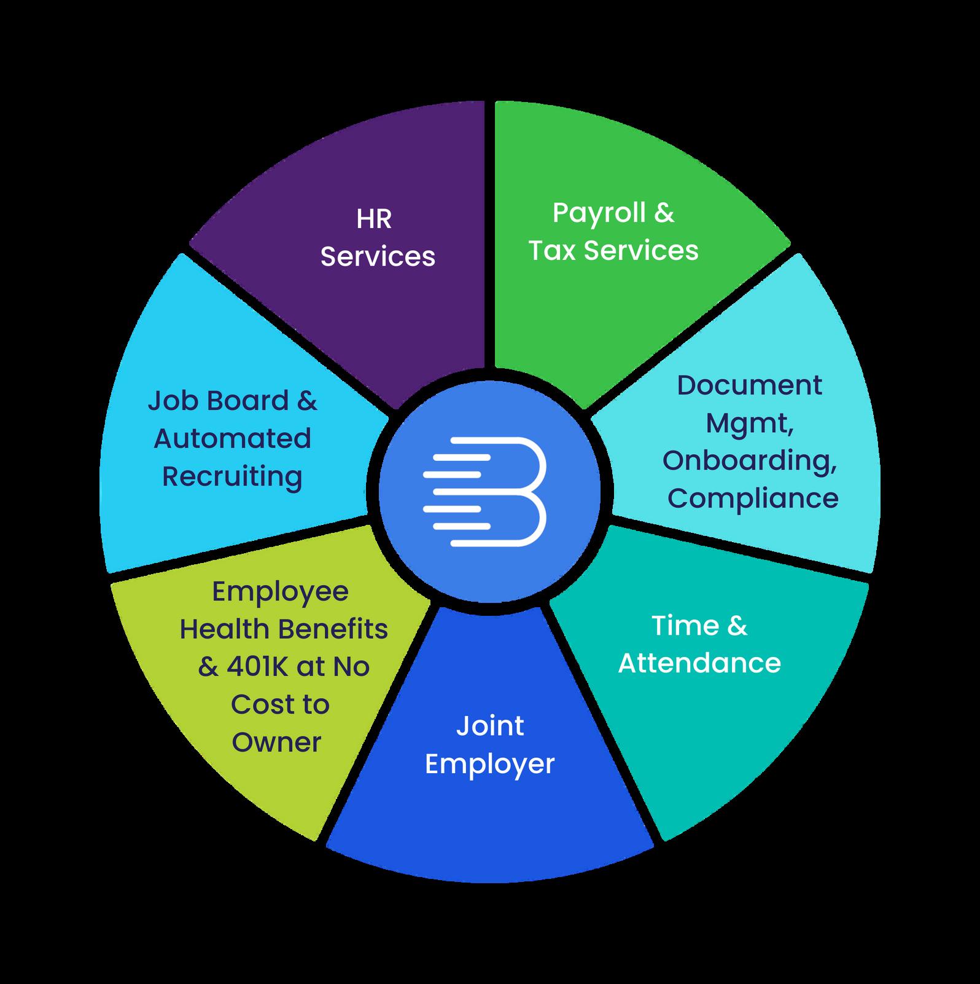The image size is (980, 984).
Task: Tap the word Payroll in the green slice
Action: tap(599, 214)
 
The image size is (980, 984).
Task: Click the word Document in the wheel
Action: tap(749, 385)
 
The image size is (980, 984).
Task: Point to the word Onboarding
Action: tap(749, 461)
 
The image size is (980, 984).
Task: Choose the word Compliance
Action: tap(753, 498)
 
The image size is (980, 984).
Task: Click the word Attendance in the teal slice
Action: tap(699, 663)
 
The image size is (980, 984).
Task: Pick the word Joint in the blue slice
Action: tap(489, 726)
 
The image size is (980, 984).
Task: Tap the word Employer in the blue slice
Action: tap(489, 765)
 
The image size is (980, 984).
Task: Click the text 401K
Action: tap(259, 667)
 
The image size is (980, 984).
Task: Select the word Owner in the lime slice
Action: tap(276, 742)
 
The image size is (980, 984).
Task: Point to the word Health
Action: tap(225, 629)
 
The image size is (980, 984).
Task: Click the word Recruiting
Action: tap(232, 477)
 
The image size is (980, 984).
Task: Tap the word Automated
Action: tap(232, 439)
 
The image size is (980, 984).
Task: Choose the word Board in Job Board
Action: tap(247, 401)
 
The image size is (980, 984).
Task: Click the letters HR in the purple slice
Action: tap(373, 219)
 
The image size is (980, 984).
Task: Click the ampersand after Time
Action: tap(737, 626)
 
